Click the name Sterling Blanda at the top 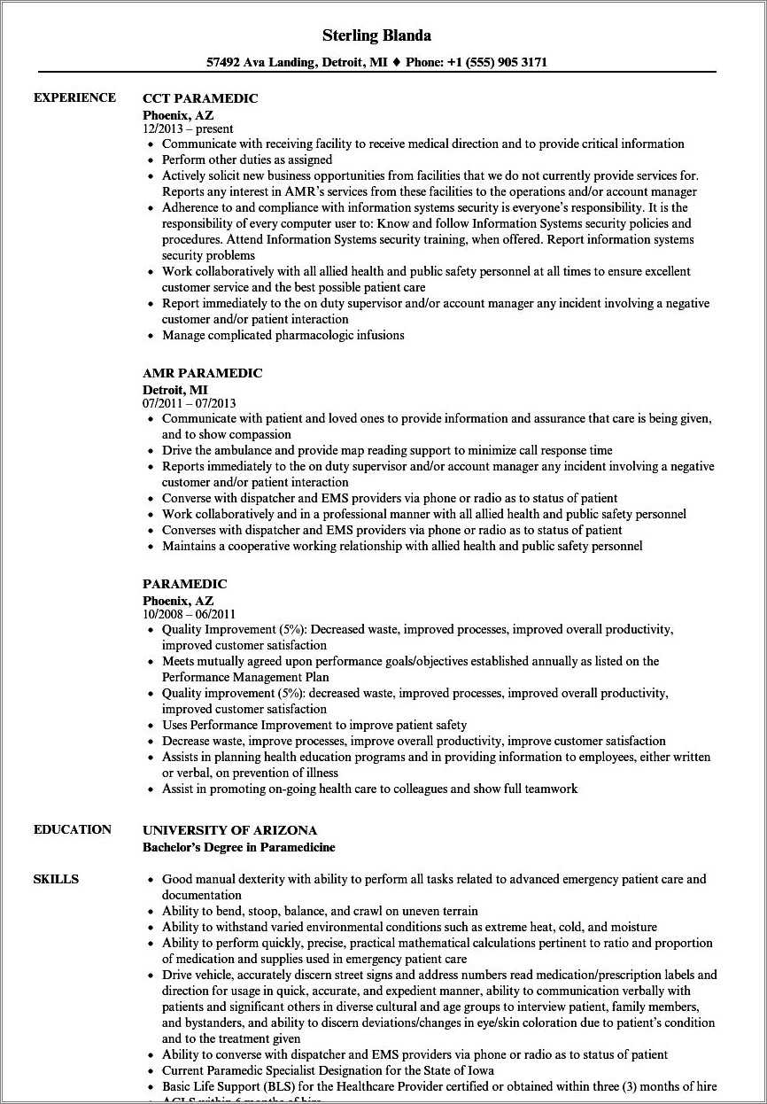(377, 35)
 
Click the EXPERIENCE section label (74, 97)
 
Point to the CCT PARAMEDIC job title (200, 98)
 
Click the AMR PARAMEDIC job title (202, 373)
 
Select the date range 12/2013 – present (188, 128)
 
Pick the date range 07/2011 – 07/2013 (190, 403)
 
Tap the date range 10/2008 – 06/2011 (189, 614)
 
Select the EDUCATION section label (73, 829)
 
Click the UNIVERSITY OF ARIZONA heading (229, 830)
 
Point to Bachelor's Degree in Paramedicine (238, 847)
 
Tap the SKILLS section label (56, 879)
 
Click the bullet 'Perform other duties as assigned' (247, 159)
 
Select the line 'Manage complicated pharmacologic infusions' (283, 335)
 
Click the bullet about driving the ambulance (386, 450)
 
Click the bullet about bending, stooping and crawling (319, 911)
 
